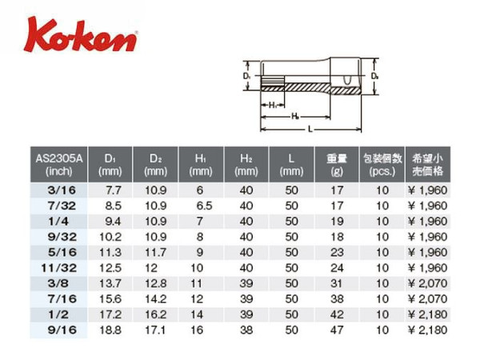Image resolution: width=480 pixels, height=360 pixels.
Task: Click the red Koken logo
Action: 80,34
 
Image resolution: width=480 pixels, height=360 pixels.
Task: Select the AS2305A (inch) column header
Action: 58,165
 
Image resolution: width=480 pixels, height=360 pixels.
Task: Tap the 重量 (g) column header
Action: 337,165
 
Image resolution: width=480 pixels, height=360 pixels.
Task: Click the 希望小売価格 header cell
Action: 427,165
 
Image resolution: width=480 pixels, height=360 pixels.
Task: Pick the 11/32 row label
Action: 58,268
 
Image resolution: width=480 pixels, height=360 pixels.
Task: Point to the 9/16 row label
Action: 62,330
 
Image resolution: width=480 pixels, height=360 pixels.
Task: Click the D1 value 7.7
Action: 114,190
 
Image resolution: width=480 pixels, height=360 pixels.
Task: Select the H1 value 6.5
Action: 204,206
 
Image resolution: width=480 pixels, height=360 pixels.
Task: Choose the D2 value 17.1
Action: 155,330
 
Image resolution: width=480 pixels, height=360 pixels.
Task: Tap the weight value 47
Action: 337,330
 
